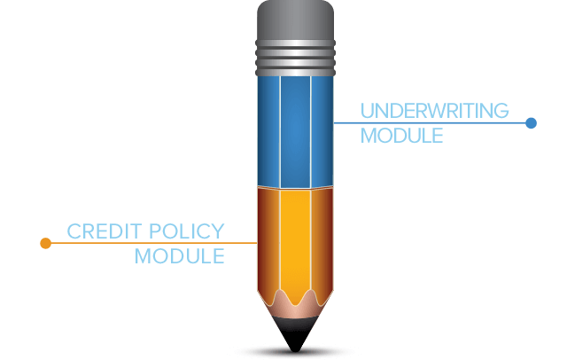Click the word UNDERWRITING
[435, 111]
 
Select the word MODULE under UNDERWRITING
[401, 136]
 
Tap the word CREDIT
[105, 231]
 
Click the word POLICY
[187, 231]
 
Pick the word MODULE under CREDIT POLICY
[180, 256]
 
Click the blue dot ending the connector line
[531, 123]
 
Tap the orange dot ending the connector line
[45, 243]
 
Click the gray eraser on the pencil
[295, 20]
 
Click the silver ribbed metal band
[295, 58]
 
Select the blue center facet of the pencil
[295, 132]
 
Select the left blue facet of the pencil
[268, 131]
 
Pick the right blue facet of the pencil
[322, 131]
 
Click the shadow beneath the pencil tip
[295, 352]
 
